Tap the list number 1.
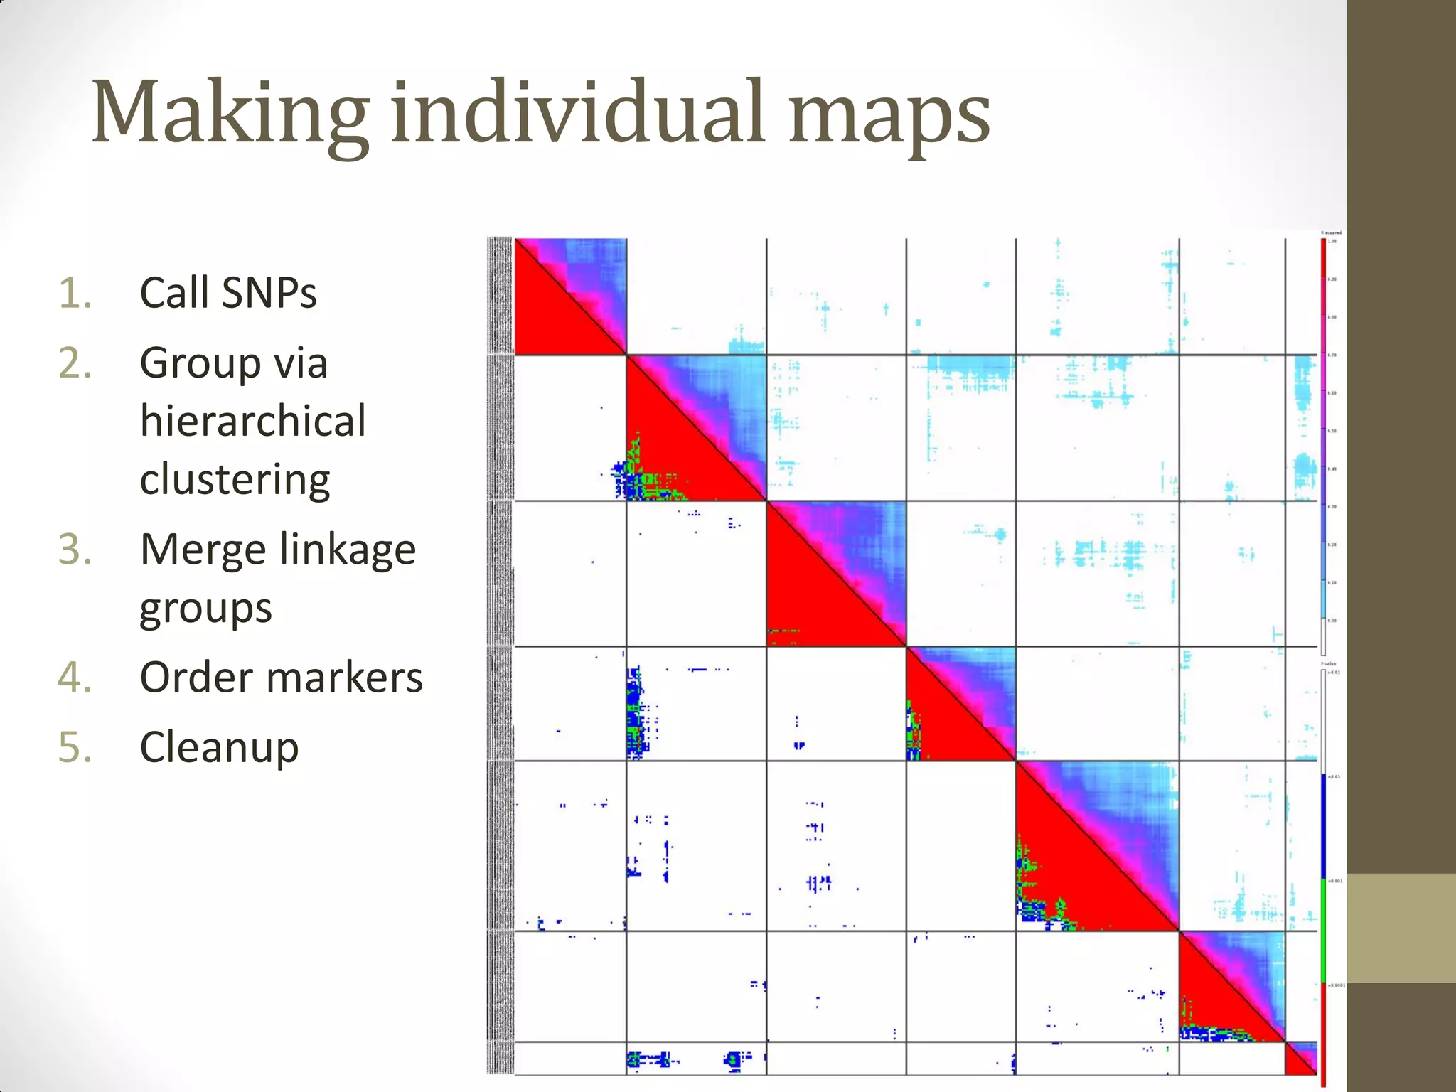point(75,293)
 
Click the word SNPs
point(268,293)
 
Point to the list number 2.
point(75,363)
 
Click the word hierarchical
point(252,421)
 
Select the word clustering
point(235,480)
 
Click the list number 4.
point(75,678)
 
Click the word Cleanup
point(219,748)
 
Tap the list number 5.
point(75,748)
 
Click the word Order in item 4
point(196,678)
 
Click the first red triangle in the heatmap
point(551,320)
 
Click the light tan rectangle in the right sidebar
point(1401,928)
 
